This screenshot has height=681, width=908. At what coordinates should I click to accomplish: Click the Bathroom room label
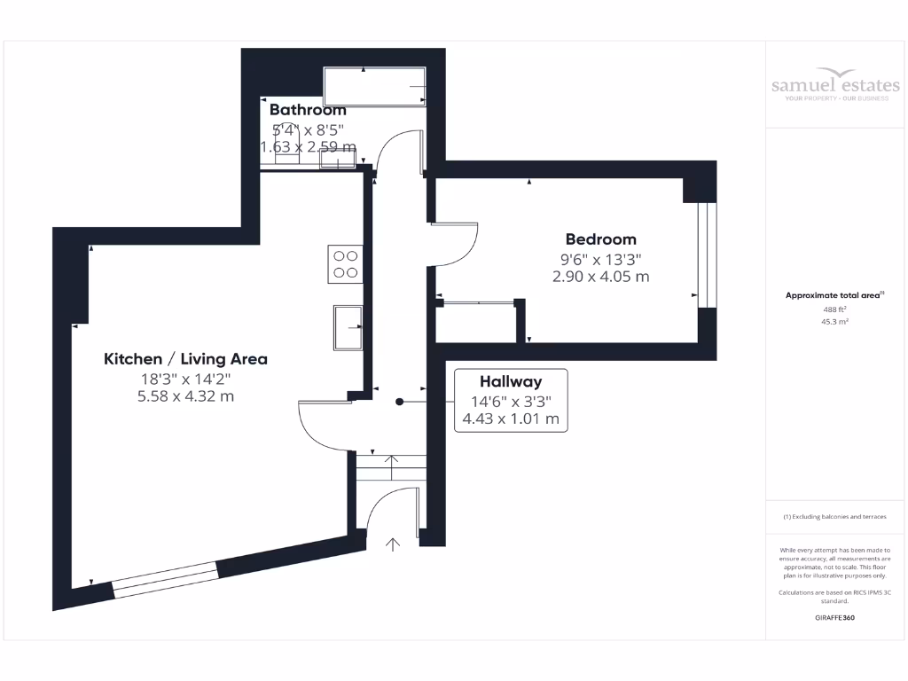tap(308, 111)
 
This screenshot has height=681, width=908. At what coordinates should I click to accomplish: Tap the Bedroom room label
tap(601, 239)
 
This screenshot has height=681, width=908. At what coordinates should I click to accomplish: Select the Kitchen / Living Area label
tap(186, 359)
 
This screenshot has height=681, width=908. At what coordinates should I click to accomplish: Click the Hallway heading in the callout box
tap(511, 382)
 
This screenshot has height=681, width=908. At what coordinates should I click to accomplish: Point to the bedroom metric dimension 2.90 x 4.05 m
tap(601, 277)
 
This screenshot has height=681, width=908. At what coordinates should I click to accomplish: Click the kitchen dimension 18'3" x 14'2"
tap(186, 379)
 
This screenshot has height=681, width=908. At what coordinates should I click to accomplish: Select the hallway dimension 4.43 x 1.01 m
tap(511, 419)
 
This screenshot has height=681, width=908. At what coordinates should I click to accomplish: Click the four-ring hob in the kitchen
tap(345, 263)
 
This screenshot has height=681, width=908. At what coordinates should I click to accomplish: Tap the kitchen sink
tap(348, 327)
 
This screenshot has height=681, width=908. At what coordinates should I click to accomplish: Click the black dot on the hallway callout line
tap(400, 402)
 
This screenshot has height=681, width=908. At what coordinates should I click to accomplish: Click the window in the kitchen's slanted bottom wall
tap(166, 579)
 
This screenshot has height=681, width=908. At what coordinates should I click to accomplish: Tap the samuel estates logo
tap(835, 85)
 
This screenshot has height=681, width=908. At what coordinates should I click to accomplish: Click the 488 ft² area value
tap(835, 309)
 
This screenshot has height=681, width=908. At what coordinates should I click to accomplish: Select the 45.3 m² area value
tap(835, 322)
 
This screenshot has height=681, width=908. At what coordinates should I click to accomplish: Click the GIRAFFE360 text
tap(835, 618)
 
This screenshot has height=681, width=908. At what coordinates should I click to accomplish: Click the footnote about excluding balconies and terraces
tap(835, 517)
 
